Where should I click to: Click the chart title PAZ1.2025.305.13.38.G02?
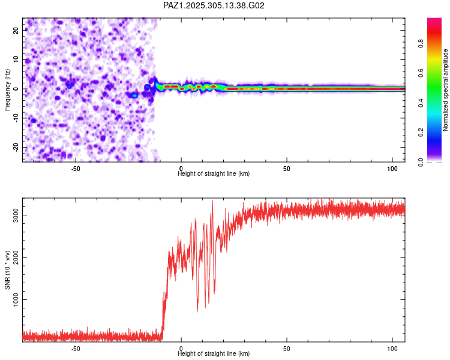pos(214,5)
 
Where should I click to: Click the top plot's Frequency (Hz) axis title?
pos(7,90)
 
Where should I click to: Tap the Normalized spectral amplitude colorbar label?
pos(445,90)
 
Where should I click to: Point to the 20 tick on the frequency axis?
pos(16,30)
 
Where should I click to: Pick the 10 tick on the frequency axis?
pos(16,59)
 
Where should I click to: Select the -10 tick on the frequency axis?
pos(15,118)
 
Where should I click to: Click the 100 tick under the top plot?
pos(392,168)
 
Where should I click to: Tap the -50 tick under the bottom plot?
pos(76,348)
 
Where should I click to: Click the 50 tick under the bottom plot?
pos(287,348)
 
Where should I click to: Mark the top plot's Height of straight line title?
pos(214,174)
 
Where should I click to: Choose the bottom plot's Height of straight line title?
pos(214,353)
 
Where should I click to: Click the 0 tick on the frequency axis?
pos(18,89)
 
